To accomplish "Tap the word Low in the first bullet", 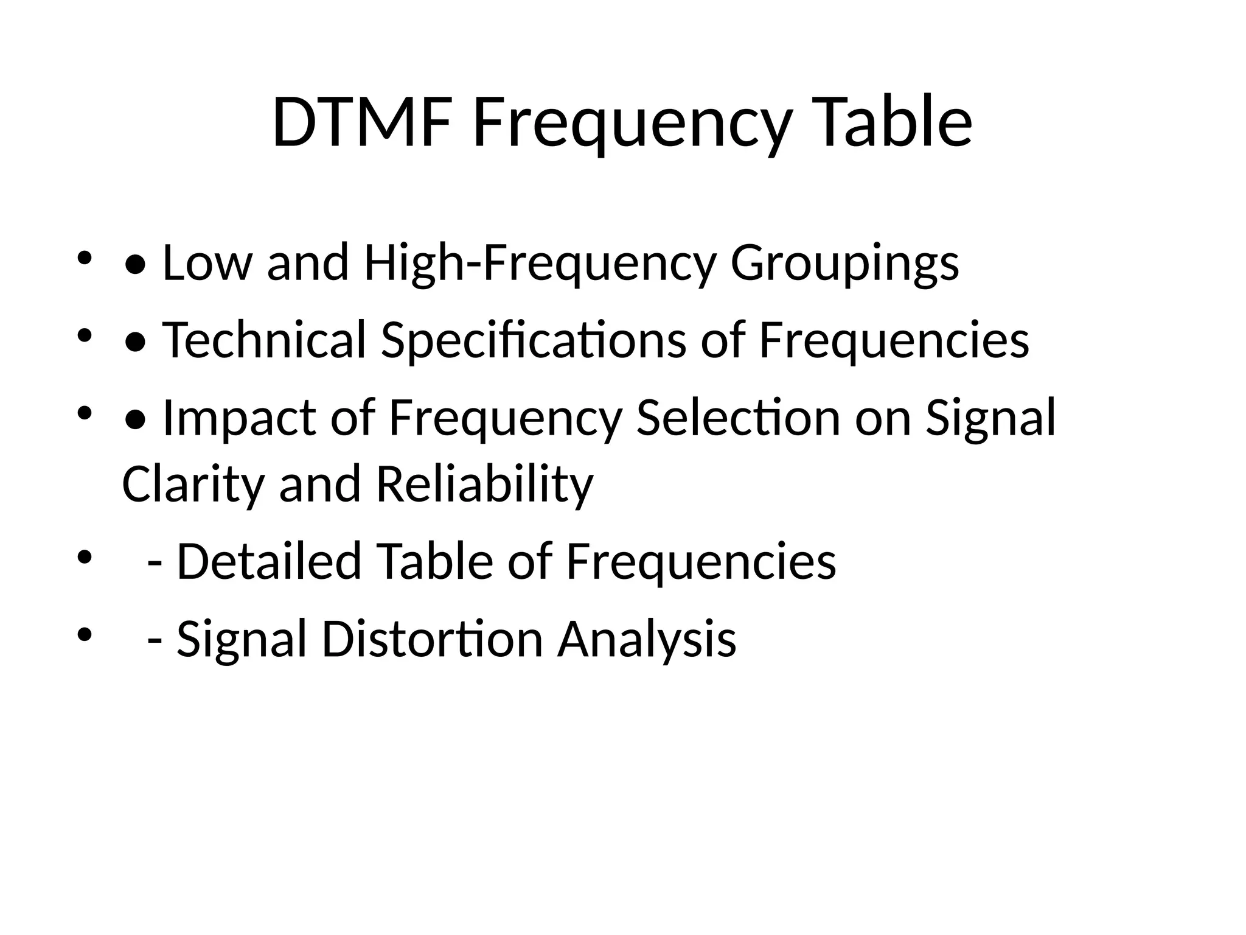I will (207, 262).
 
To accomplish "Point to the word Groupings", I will (844, 264).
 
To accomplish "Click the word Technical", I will (264, 340).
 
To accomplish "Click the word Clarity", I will (193, 484).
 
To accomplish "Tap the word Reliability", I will (484, 484).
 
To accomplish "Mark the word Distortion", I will (432, 639).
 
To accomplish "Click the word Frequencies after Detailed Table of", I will (701, 561).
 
